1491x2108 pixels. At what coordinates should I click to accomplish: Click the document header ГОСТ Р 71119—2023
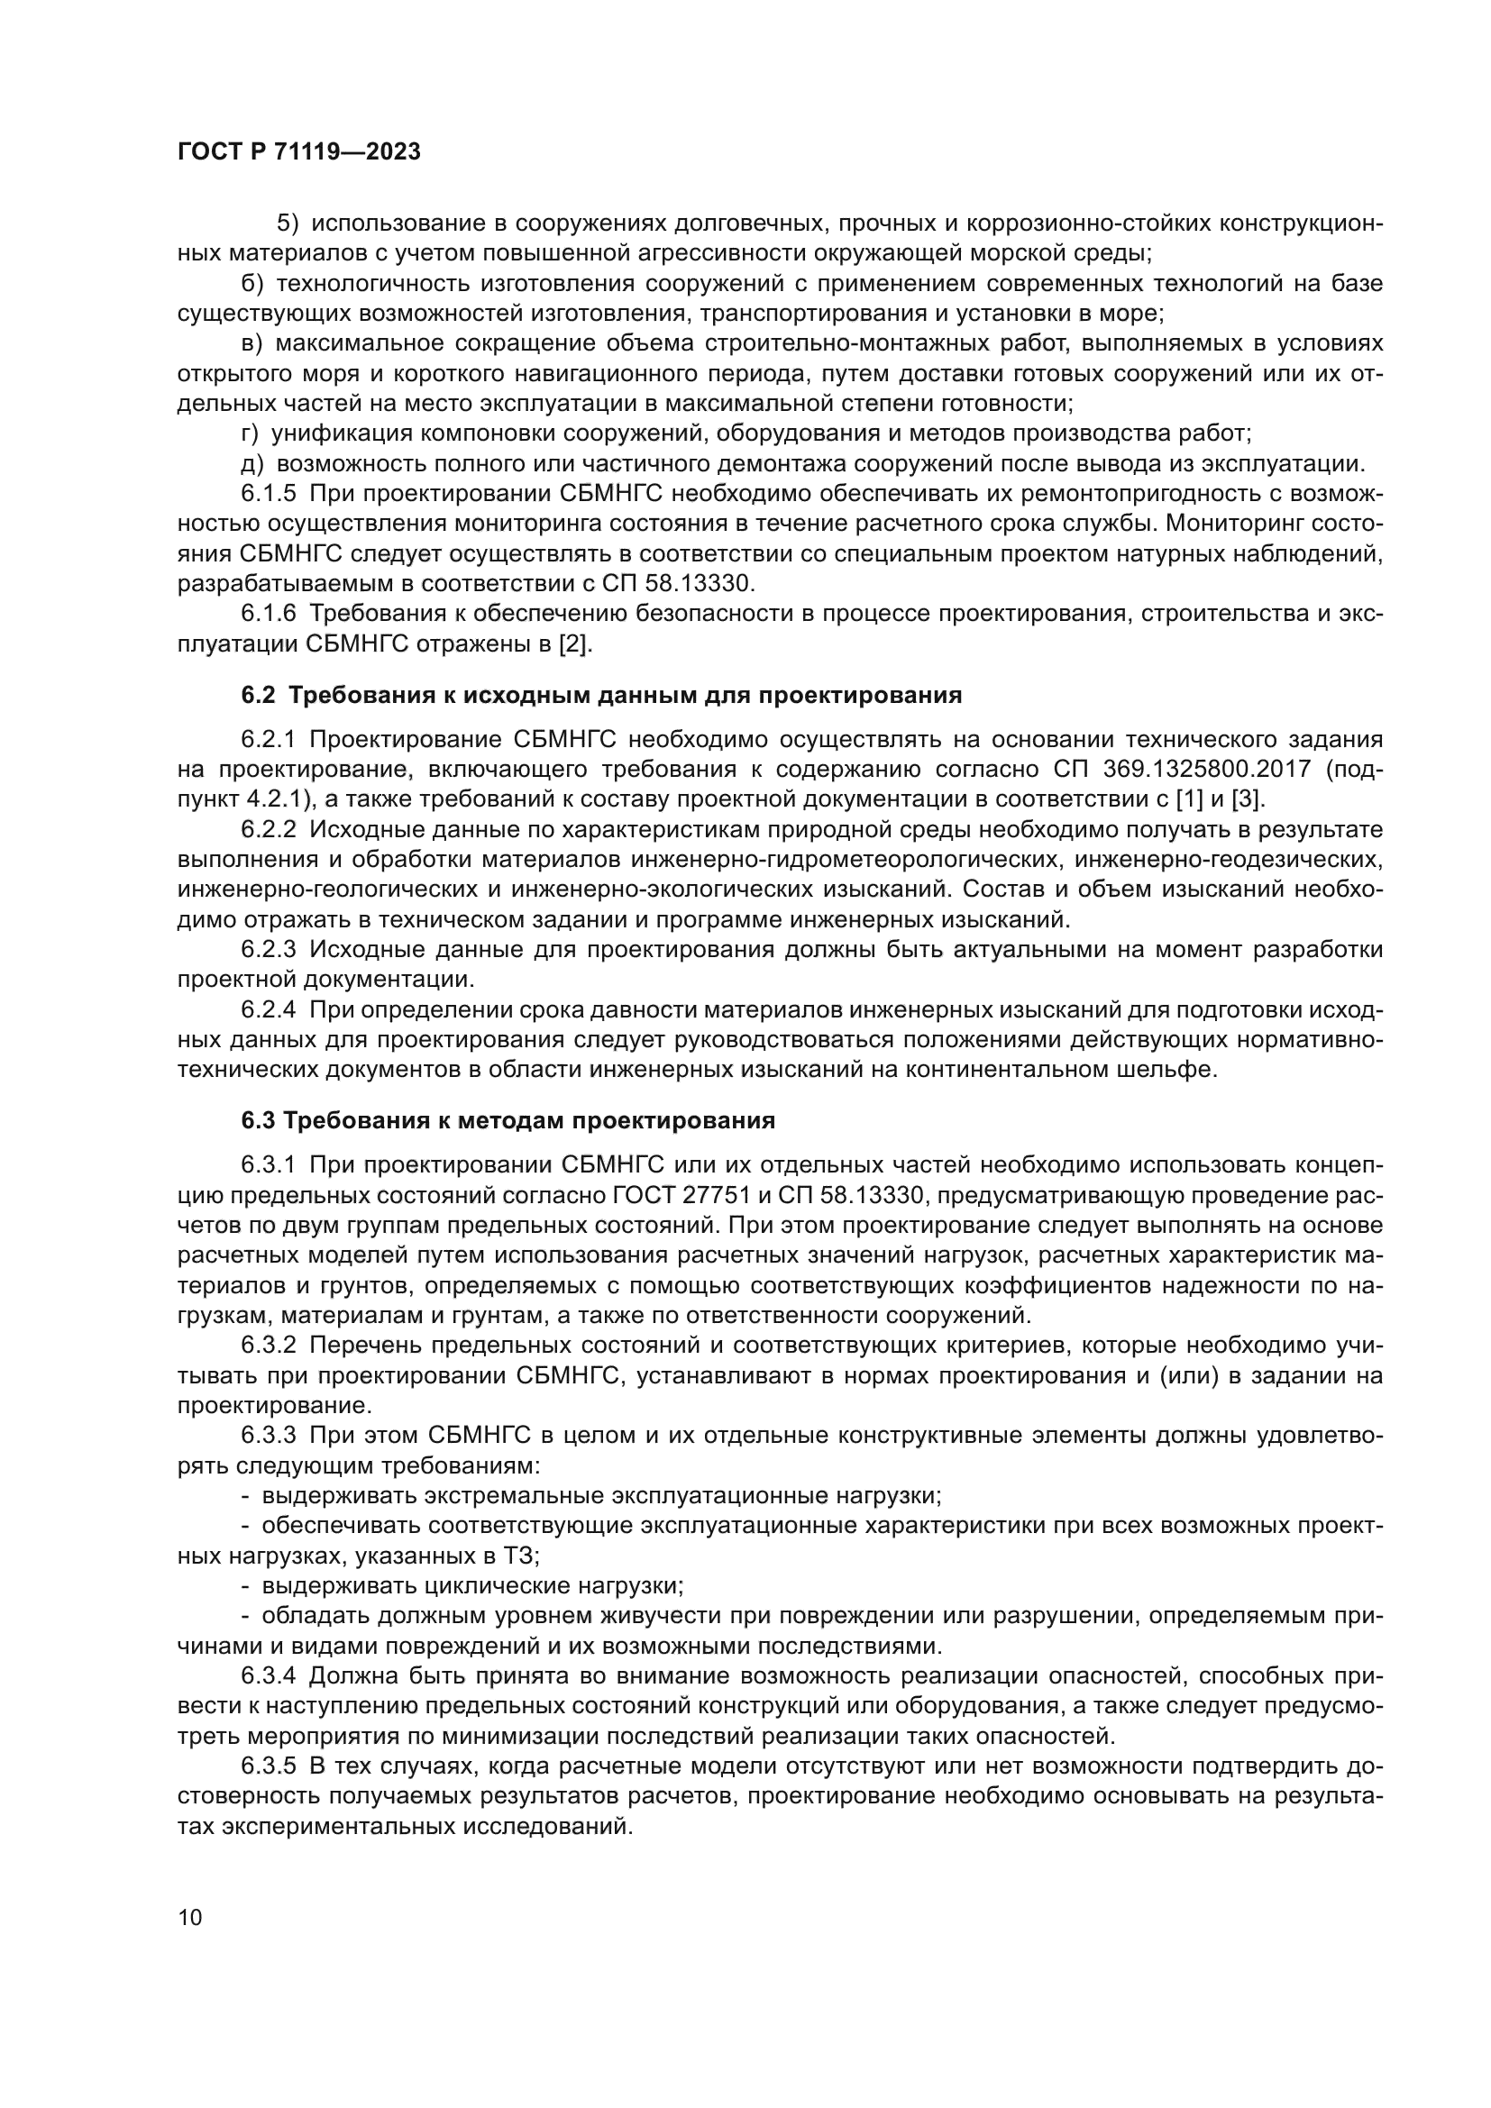tap(299, 152)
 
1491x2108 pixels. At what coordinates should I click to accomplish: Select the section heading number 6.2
tap(258, 695)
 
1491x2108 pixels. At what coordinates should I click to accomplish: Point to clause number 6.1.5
tap(268, 494)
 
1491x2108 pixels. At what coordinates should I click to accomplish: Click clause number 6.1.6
tap(268, 615)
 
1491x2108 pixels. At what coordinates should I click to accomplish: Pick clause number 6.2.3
tap(268, 950)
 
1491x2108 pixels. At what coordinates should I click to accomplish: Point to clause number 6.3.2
tap(268, 1346)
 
